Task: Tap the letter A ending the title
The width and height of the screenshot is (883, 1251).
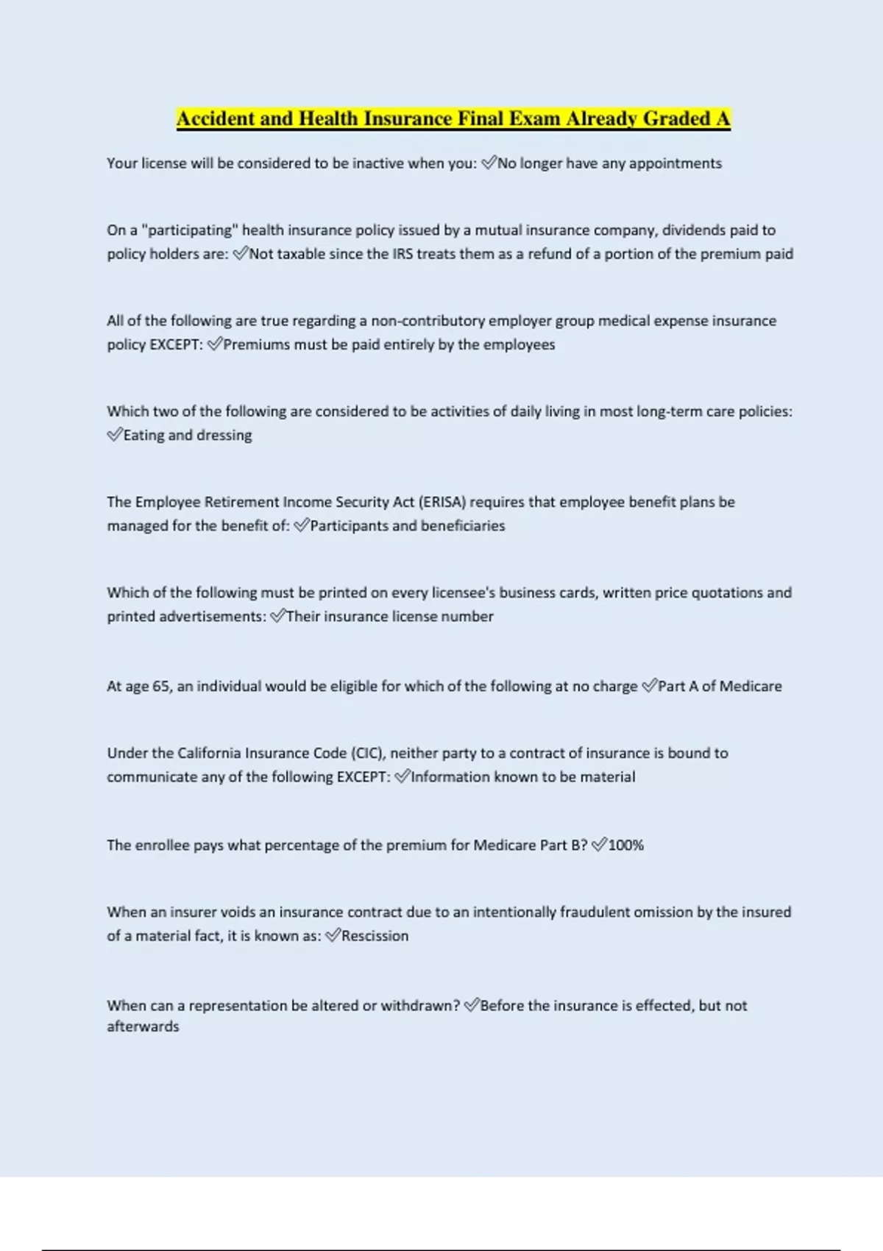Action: [x=723, y=118]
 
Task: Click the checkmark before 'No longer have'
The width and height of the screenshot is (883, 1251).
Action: [x=489, y=163]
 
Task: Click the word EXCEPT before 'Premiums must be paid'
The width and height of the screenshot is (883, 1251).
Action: [x=176, y=344]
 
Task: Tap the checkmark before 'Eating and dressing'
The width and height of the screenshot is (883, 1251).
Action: [x=114, y=435]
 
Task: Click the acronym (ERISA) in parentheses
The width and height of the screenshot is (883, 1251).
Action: [x=442, y=502]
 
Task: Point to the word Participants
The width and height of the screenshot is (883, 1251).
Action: [x=349, y=525]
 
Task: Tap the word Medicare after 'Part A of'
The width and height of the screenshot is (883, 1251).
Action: [x=751, y=686]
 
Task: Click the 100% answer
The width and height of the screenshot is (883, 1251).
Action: [x=625, y=845]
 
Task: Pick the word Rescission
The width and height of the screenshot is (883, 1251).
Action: [x=375, y=935]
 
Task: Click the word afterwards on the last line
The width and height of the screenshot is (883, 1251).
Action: [x=143, y=1026]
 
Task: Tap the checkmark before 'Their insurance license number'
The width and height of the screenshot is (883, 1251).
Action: [x=277, y=616]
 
